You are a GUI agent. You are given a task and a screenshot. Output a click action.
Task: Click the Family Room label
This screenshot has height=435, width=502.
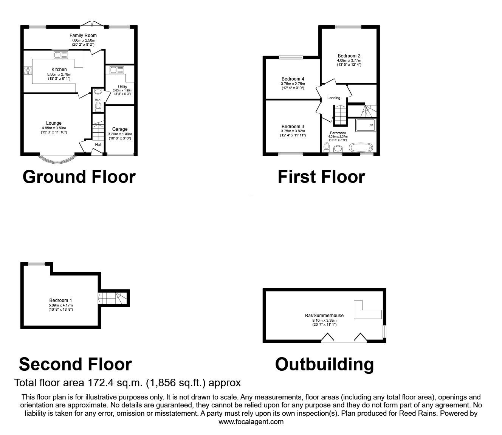(83, 36)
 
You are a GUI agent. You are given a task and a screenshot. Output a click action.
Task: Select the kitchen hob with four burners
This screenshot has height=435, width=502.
(28, 71)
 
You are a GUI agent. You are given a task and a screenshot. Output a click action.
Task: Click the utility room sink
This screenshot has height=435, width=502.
(116, 70)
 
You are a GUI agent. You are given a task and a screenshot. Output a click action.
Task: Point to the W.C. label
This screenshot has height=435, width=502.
(98, 100)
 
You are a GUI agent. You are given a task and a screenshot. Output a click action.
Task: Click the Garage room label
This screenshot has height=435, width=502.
(120, 129)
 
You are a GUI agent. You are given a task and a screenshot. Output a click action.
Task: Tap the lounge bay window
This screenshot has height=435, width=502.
(58, 159)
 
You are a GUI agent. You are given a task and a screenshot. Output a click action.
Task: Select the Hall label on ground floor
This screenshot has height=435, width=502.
(98, 144)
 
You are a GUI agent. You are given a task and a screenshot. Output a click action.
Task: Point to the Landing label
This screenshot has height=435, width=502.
(334, 98)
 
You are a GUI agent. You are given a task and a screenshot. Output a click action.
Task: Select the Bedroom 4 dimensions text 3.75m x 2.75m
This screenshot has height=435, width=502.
(293, 84)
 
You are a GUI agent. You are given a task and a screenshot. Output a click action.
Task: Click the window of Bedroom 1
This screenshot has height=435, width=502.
(36, 264)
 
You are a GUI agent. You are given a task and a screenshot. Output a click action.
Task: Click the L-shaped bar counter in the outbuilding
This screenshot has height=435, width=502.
(365, 310)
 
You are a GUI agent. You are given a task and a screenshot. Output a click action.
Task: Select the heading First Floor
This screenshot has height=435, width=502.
(321, 177)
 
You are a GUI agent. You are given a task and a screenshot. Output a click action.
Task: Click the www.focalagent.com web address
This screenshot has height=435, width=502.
(251, 422)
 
